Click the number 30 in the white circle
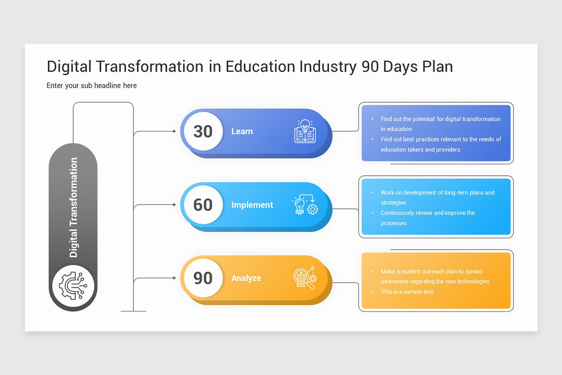[203, 131]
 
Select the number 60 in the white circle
[203, 205]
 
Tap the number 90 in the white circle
[203, 278]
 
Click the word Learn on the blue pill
[242, 132]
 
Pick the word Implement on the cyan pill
[252, 205]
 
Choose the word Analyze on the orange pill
[246, 278]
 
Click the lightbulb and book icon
[305, 131]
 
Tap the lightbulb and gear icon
[305, 205]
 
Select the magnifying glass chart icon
[304, 278]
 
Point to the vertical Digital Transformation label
[74, 208]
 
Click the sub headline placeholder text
[92, 85]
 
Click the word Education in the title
[260, 67]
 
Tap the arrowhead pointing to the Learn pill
[174, 132]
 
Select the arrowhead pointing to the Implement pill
[174, 205]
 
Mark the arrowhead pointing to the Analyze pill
[174, 278]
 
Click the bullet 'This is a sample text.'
[407, 292]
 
